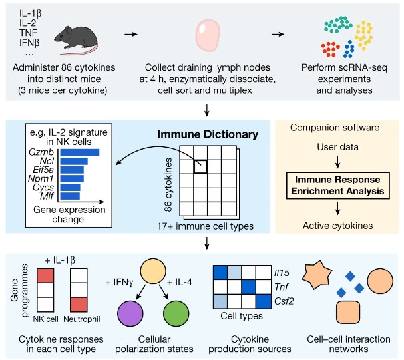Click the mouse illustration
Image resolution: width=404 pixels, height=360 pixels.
tap(87, 36)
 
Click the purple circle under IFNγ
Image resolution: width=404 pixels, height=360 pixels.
tap(131, 314)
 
